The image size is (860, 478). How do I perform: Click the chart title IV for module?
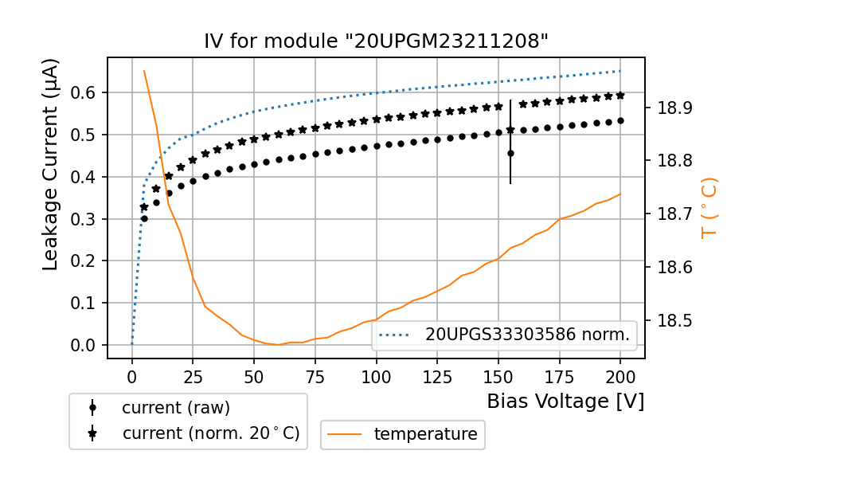376,41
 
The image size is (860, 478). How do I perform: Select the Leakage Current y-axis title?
51,164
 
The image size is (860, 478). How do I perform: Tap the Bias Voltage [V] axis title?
565,402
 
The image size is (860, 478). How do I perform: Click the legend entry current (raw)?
175,408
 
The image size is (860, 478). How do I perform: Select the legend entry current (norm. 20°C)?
210,434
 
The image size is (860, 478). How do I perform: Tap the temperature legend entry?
425,434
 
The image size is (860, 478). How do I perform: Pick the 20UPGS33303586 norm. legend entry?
527,335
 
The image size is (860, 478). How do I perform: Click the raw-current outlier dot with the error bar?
510,153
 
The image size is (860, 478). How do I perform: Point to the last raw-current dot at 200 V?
620,120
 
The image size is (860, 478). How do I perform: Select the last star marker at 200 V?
620,96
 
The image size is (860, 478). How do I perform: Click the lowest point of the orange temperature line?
278,344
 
